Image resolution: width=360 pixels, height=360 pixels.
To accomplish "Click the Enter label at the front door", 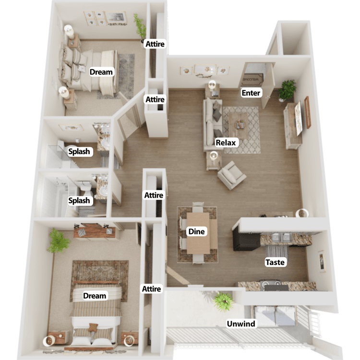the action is (x=251, y=93).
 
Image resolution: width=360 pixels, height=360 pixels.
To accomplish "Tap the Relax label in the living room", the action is (x=226, y=143).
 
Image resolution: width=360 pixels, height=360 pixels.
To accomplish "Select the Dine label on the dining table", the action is (x=196, y=231).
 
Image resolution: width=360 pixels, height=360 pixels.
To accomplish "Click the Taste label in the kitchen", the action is (x=275, y=262).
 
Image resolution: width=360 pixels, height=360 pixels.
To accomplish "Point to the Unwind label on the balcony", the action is (x=241, y=324).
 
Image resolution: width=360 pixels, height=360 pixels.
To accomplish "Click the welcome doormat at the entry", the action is (x=252, y=79).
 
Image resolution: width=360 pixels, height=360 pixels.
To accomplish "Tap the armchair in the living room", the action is (x=232, y=175).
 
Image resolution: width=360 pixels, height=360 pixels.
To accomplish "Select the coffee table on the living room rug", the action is (x=239, y=125).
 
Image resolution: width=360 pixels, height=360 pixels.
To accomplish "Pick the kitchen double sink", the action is (x=281, y=238).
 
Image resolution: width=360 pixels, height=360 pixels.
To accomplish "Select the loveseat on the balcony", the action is (x=275, y=315).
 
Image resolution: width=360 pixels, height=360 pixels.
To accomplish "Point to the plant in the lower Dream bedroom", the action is (x=58, y=240).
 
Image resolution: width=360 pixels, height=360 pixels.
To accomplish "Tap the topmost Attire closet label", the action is (x=155, y=44).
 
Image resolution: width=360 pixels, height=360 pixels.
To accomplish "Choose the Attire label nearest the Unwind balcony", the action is (x=152, y=288).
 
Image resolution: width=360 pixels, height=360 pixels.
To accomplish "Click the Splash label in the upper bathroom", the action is (x=79, y=152).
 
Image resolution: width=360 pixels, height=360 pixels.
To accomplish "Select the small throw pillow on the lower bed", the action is (x=93, y=327).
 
